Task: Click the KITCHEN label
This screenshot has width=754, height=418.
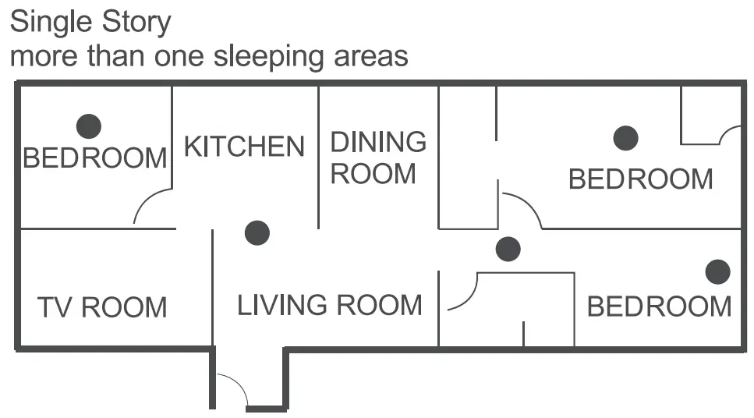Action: point(244,146)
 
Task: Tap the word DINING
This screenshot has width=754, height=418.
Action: point(378,142)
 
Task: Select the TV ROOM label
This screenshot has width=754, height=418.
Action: point(102,307)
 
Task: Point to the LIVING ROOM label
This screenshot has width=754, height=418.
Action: point(329,305)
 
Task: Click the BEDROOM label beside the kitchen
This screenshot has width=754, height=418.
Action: point(95,158)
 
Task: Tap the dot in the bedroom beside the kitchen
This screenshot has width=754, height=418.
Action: point(88,126)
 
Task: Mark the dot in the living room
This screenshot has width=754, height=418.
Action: point(257,232)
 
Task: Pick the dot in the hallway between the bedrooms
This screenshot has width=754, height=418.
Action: point(508,250)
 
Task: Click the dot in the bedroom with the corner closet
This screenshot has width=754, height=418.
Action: point(625,139)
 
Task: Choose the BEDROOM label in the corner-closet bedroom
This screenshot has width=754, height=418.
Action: point(640,179)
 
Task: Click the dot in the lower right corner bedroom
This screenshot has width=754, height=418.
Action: point(717,272)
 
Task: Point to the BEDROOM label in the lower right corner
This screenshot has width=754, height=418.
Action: point(659,306)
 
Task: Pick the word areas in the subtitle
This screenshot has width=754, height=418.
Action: point(371,56)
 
